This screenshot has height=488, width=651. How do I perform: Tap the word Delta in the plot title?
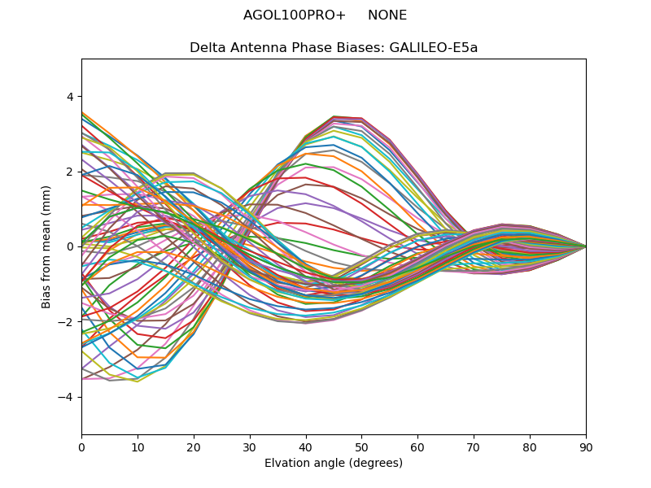click(x=207, y=47)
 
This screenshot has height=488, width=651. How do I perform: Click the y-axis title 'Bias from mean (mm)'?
click(x=46, y=246)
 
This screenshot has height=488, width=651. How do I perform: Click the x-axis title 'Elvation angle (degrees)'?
click(x=334, y=463)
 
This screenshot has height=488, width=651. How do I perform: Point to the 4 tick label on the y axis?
click(x=70, y=96)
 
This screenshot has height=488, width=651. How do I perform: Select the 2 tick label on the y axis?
click(x=70, y=172)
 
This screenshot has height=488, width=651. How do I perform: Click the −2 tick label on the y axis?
click(x=67, y=321)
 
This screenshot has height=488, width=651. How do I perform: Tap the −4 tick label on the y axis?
click(x=67, y=397)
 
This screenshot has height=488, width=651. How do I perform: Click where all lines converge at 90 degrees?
click(x=585, y=246)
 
